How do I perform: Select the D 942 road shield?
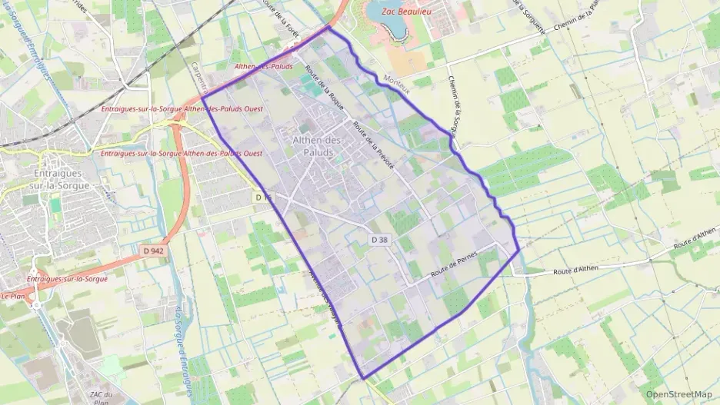(x=154, y=251)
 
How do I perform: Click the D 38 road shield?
(x=380, y=240)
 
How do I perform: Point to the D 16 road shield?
(x=262, y=198)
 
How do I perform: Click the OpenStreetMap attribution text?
(x=679, y=394)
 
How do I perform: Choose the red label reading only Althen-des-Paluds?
(x=263, y=67)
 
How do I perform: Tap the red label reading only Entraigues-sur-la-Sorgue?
(x=67, y=278)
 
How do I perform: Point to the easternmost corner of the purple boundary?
(x=520, y=249)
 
